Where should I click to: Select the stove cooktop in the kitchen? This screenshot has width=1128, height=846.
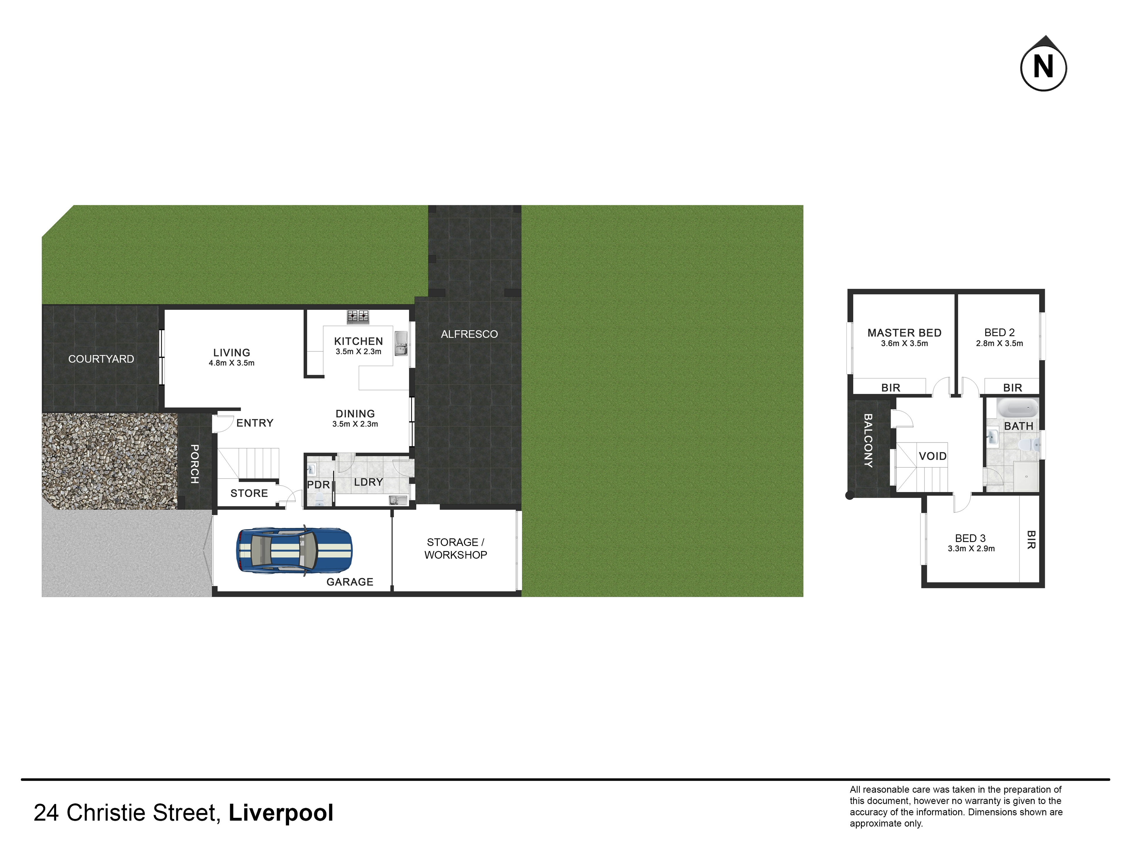tap(358, 317)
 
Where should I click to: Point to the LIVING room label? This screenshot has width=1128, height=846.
tap(231, 352)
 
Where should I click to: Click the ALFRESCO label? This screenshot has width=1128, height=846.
tap(469, 334)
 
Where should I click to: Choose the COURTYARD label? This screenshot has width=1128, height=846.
tap(101, 359)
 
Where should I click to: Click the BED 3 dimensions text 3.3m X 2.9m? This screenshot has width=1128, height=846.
tap(971, 549)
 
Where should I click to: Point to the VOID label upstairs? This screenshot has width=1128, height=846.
tap(933, 456)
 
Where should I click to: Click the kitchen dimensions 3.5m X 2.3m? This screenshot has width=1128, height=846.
tap(358, 351)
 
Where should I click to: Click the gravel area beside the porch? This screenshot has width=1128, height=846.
tap(109, 461)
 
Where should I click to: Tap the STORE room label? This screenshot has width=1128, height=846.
tap(249, 493)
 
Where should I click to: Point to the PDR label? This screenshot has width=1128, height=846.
tap(318, 484)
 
